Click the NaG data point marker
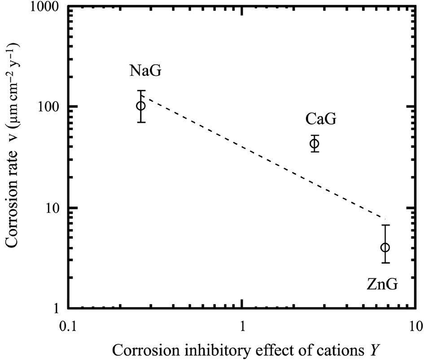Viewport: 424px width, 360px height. pyautogui.click(x=141, y=106)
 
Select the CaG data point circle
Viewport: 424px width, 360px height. pyautogui.click(x=315, y=144)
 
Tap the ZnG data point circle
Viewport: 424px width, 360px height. pyautogui.click(x=385, y=247)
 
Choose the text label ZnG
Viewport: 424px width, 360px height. pyautogui.click(x=381, y=284)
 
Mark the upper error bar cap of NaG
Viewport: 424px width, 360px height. pyautogui.click(x=141, y=91)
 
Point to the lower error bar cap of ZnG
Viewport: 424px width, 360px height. pyautogui.click(x=385, y=263)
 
